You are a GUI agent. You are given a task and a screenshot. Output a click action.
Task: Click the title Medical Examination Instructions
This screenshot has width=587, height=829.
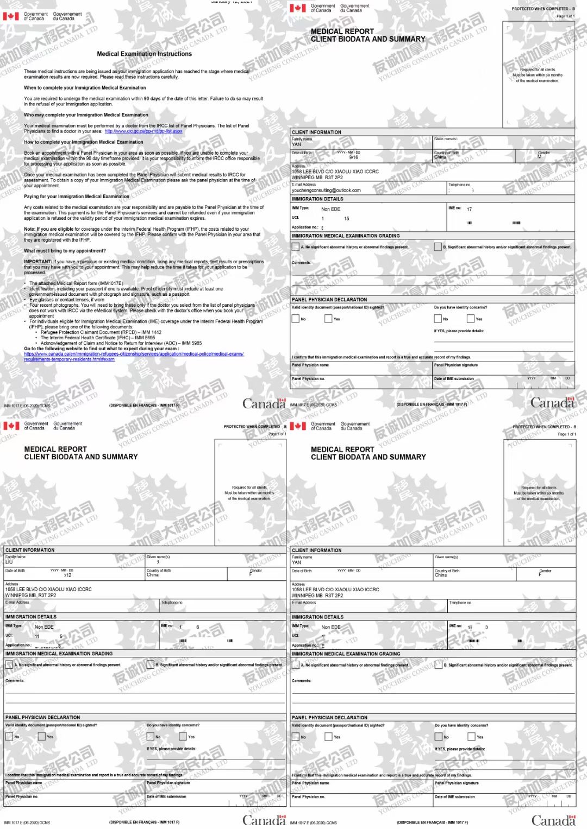(x=144, y=54)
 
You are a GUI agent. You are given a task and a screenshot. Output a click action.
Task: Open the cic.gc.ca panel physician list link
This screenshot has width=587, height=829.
(x=143, y=131)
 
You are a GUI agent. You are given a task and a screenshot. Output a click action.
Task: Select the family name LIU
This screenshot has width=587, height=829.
(x=9, y=562)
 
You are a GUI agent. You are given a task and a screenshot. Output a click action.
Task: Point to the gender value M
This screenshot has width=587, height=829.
(x=539, y=157)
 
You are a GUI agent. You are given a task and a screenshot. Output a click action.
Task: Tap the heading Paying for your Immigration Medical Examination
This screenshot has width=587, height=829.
(x=77, y=197)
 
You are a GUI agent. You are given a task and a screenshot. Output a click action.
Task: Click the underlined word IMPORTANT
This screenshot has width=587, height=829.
(x=38, y=262)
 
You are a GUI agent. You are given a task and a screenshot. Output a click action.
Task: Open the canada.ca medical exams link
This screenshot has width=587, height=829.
(x=134, y=354)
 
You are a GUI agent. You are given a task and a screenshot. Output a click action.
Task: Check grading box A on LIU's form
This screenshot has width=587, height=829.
(x=9, y=665)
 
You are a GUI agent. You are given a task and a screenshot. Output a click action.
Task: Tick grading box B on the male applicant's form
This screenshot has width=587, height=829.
(x=438, y=247)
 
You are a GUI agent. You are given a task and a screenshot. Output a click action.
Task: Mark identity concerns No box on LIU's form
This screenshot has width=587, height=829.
(x=151, y=737)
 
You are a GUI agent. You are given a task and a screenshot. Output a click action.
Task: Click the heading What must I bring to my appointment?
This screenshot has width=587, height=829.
(x=65, y=251)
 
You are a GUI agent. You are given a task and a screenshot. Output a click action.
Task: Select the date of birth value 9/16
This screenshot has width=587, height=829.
(x=353, y=157)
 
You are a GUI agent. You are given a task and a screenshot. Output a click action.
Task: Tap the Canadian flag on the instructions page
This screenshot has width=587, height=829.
(x=11, y=16)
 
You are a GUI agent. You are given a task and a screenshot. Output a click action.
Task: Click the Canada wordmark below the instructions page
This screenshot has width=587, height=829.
(x=264, y=403)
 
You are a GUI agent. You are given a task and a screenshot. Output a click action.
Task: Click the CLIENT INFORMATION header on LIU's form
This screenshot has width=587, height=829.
(x=30, y=550)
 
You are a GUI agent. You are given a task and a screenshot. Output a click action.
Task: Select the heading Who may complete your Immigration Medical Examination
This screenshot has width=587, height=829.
(x=86, y=115)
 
